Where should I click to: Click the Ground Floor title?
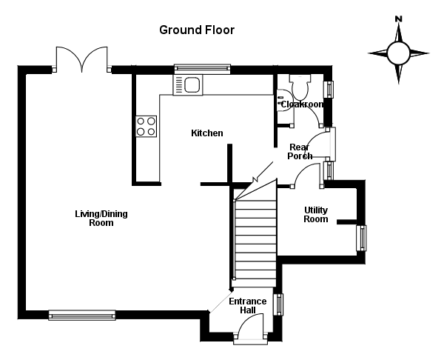point(197,30)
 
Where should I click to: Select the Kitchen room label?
point(206,133)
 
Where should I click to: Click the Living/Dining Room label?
point(101,218)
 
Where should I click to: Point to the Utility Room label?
point(315,214)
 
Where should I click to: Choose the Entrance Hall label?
point(247,305)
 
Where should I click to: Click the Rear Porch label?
point(300,151)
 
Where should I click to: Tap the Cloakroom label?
point(301,104)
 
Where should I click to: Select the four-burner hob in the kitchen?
point(147,126)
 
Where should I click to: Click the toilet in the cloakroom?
point(300,89)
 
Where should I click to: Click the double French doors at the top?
point(83,59)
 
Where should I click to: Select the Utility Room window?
point(362,238)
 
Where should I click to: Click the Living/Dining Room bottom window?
point(81,315)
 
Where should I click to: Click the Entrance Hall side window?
point(279,304)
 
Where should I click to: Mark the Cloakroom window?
point(330,89)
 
